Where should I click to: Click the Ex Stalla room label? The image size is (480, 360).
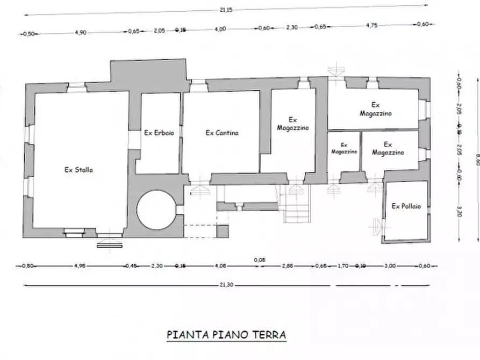78,170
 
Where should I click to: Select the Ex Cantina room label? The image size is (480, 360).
221,133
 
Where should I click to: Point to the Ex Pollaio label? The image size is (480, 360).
406,206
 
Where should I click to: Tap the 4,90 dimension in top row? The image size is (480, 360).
80,32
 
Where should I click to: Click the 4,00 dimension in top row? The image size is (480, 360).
220,30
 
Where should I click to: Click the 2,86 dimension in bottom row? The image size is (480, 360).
288,265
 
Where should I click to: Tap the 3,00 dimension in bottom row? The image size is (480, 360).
390,265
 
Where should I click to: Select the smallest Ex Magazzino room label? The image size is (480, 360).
344,148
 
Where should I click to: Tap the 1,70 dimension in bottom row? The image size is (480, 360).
342,265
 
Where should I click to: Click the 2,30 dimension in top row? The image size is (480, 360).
292,27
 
